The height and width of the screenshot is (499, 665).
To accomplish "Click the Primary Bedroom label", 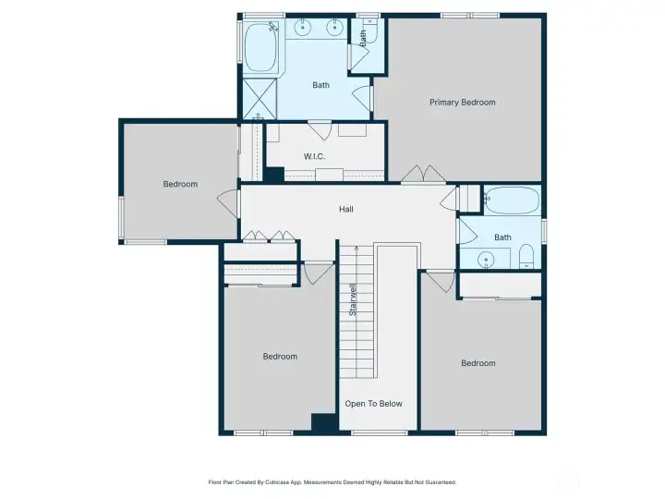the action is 463,103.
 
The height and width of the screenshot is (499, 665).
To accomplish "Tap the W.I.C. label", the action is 314,156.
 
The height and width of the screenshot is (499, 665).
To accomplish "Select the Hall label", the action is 346,209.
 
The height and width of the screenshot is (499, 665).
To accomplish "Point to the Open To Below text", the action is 373,404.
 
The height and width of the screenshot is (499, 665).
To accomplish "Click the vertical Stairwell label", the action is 353,299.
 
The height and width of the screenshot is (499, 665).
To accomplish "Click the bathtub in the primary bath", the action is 261,47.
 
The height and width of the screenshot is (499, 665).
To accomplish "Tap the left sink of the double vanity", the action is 302,28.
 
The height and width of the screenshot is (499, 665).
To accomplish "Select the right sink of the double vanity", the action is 334,28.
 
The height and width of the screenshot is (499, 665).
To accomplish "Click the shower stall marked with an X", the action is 260,99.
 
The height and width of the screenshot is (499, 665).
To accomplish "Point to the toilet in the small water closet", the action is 370,32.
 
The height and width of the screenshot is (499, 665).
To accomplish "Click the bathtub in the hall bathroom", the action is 513,200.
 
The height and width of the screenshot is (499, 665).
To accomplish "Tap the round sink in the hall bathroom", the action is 486,259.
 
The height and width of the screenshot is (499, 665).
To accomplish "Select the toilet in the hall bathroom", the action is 526,256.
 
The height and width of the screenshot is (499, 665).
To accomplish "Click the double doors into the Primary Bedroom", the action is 423,175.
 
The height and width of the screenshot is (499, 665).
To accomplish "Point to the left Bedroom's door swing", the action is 228,203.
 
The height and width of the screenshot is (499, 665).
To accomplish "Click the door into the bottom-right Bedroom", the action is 441,281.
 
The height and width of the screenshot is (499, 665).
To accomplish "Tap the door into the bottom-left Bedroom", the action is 319,274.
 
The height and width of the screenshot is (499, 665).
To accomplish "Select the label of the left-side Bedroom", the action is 180,184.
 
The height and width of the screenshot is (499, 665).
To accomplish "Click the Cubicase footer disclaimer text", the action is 332,482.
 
